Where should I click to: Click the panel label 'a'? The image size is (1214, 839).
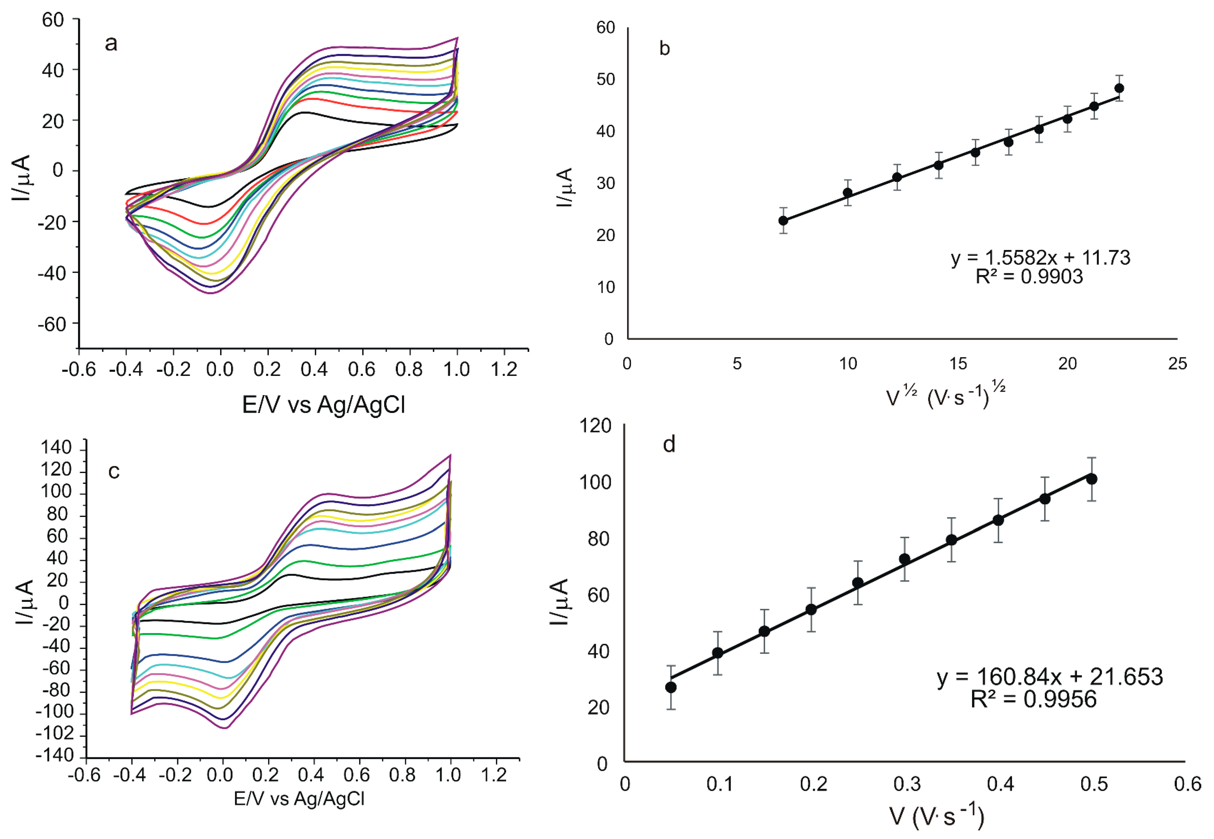[111, 43]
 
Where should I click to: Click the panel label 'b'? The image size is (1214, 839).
[664, 49]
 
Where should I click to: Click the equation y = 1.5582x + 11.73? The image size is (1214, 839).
[1040, 258]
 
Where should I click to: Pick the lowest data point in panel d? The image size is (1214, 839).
[671, 687]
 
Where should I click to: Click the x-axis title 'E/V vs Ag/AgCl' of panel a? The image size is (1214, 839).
[323, 405]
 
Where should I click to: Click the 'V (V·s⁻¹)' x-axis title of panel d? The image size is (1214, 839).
[936, 816]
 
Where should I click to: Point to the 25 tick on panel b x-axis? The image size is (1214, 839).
[1177, 364]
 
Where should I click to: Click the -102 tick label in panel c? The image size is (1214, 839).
[55, 734]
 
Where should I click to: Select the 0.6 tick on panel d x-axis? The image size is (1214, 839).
[1187, 784]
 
